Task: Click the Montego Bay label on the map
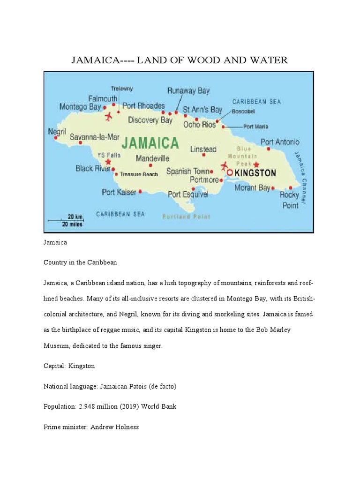[80, 107]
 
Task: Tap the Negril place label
[57, 132]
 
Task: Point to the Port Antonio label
[280, 142]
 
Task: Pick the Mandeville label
[152, 158]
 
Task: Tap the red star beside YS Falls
[108, 162]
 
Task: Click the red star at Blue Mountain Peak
[256, 165]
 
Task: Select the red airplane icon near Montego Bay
[109, 116]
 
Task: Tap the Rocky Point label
[289, 200]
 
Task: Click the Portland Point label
[187, 217]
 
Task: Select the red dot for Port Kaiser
[140, 191]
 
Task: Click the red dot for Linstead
[203, 155]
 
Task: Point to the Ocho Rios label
[199, 124]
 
